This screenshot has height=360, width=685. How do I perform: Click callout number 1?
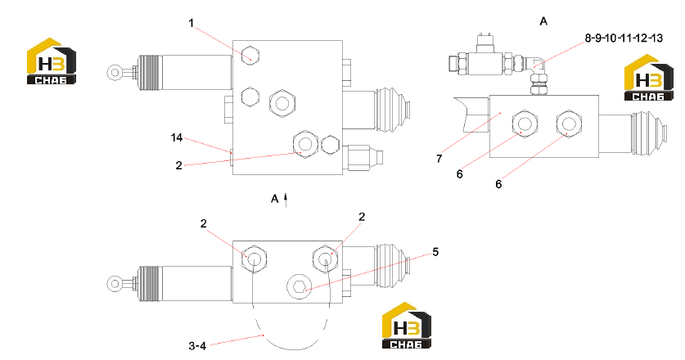coord(191,23)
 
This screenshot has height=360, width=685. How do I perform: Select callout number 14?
coord(177,137)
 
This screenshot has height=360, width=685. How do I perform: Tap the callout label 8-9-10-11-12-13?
coord(624,38)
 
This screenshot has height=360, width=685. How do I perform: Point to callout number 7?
coord(439,159)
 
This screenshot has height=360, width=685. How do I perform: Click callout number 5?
coord(435,252)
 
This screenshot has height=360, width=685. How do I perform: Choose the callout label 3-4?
coord(197,346)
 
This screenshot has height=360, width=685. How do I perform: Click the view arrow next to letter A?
coord(286,200)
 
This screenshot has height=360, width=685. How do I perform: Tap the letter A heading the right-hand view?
coord(543,21)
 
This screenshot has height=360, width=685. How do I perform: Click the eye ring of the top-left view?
coord(115,72)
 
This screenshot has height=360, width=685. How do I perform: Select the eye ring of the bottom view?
coord(115,284)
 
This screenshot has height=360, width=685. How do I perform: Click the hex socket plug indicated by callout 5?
coord(300,287)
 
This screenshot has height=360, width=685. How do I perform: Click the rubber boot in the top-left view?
coord(392,110)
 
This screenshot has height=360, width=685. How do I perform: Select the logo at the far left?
coord(52,61)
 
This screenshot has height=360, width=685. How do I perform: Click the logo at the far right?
coord(649,78)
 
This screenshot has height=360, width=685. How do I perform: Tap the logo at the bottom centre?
coord(407,326)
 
